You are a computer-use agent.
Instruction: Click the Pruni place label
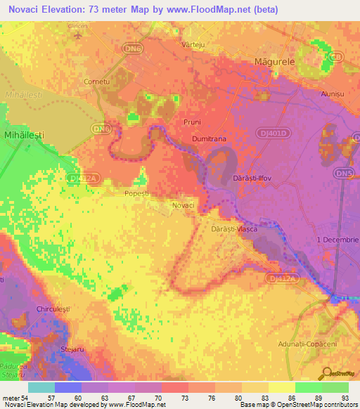pos(192,122)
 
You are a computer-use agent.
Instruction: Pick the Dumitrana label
pos(209,139)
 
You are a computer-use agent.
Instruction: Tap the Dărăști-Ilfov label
pos(252,178)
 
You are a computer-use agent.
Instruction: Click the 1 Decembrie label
pos(337,240)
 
